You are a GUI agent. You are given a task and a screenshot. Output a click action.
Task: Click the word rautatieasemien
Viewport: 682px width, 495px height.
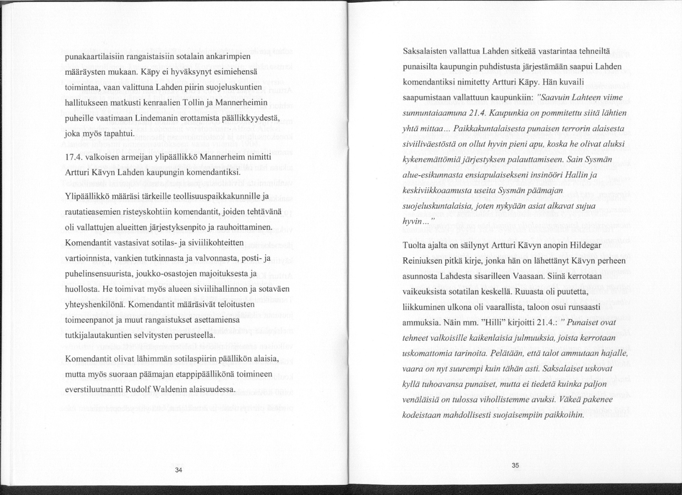coord(94,212)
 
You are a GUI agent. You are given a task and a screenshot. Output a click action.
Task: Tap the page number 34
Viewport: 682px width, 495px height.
coord(179,470)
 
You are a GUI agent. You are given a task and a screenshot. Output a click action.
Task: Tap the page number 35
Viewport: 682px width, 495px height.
coord(515,466)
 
